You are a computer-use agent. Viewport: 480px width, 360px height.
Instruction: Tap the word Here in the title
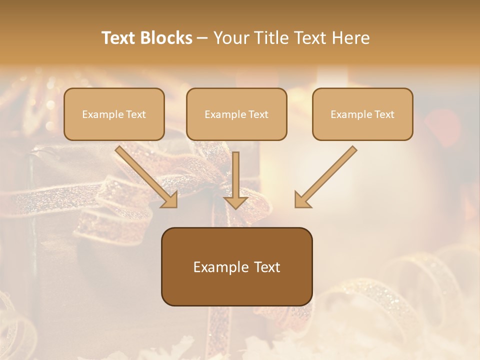tap(349, 38)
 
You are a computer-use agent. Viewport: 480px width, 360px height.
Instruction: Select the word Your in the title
tap(230, 38)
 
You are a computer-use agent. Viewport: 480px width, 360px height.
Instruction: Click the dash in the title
tap(202, 38)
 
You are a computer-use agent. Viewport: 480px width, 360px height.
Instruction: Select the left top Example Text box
tap(114, 114)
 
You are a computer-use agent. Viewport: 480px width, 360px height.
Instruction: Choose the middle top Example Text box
tap(236, 114)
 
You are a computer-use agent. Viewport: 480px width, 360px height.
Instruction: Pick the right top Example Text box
tap(362, 114)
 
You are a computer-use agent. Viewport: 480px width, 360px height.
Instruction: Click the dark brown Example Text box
tap(236, 266)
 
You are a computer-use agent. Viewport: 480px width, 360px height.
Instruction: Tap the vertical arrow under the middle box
tap(235, 175)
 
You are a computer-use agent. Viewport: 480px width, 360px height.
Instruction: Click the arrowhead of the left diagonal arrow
tap(170, 200)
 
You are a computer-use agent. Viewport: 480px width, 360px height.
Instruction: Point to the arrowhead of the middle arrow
tap(235, 202)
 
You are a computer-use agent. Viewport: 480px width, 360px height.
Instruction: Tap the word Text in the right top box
tap(384, 114)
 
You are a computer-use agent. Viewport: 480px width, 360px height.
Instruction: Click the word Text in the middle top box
tap(258, 114)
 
